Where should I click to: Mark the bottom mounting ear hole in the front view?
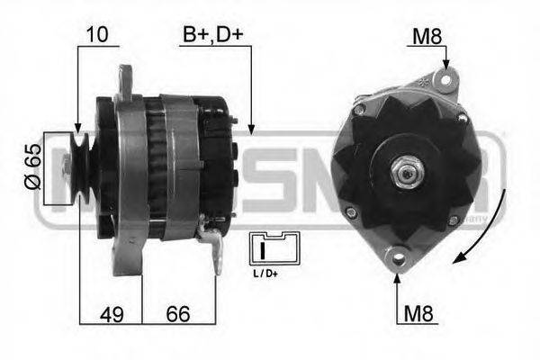(397, 258)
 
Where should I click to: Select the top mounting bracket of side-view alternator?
(126, 80)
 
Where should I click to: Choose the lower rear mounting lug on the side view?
(213, 245)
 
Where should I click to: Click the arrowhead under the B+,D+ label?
(251, 130)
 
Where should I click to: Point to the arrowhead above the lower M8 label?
(397, 274)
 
